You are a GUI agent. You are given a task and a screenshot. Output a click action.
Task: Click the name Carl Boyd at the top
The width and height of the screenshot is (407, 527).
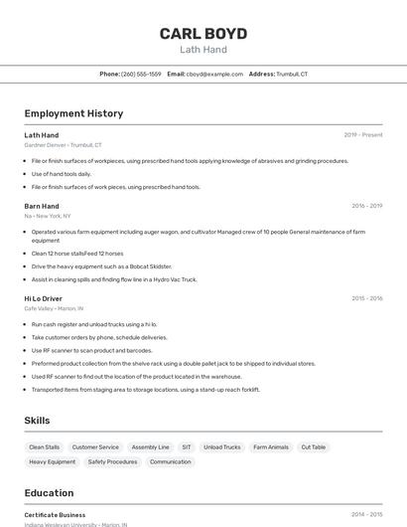[x=203, y=33]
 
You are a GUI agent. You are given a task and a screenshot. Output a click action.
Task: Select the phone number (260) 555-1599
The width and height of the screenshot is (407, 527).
[x=141, y=75]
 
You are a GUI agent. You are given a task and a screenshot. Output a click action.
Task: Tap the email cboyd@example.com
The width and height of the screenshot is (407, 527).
[x=214, y=75]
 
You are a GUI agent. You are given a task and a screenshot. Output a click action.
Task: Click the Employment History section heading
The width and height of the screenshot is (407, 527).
[x=73, y=113]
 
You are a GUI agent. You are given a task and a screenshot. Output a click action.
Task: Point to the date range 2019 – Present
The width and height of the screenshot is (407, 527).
[x=362, y=134]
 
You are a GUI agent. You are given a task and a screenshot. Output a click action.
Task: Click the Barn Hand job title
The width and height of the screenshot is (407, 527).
[x=42, y=206]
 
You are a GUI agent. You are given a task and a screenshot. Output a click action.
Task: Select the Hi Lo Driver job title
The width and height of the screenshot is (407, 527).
[x=44, y=298]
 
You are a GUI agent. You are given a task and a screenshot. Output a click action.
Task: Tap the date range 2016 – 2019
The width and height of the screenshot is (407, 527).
[x=366, y=206]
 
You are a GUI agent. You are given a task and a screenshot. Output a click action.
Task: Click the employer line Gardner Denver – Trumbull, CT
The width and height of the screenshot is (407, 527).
[x=63, y=145]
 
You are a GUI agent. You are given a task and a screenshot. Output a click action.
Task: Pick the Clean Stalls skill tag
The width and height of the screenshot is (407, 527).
[x=44, y=447]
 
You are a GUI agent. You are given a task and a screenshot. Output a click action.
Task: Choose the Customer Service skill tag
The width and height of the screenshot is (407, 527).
[x=95, y=447]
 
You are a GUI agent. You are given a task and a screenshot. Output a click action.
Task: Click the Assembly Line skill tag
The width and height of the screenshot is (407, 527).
[x=150, y=447]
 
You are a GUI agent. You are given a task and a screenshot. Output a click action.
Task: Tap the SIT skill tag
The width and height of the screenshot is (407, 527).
[x=187, y=447]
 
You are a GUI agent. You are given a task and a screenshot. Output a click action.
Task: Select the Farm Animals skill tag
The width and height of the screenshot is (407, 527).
[x=271, y=447]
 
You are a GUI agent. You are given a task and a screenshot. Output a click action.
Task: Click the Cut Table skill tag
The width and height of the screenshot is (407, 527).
[x=313, y=447]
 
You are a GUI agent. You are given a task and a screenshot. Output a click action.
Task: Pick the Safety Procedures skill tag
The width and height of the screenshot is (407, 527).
[x=112, y=461]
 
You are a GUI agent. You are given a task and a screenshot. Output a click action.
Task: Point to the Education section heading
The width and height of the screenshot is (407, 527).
[x=49, y=493]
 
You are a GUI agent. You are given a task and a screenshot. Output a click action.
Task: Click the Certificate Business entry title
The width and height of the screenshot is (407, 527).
[x=55, y=515]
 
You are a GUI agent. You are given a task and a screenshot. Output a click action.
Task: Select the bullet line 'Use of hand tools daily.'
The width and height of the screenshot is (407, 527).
[x=61, y=174]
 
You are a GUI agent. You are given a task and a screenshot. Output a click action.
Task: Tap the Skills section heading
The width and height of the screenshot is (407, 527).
[x=37, y=421]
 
